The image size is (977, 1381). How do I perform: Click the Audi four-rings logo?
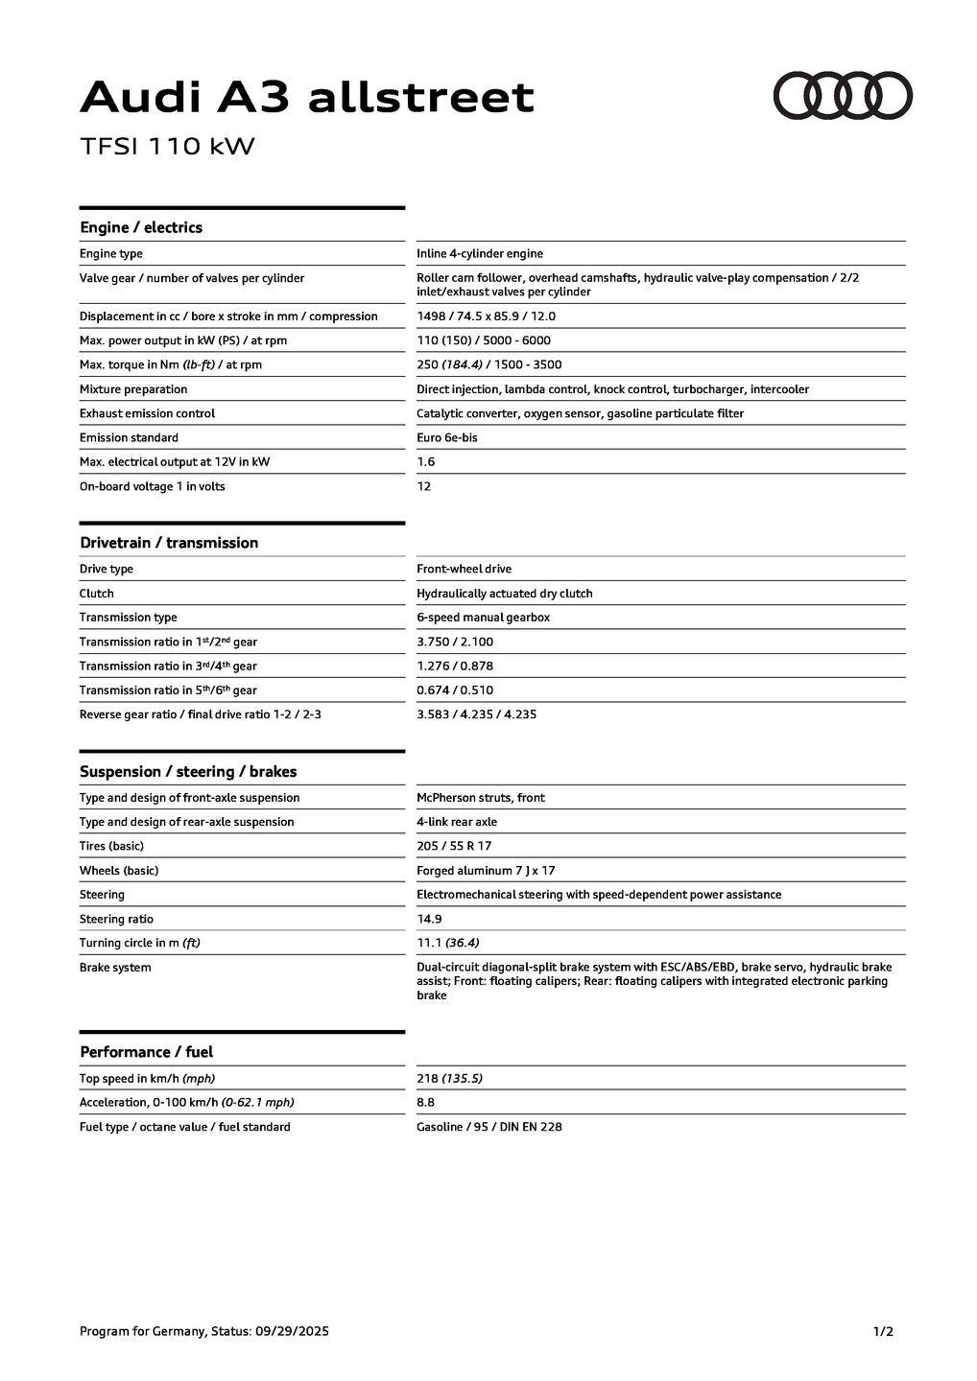tap(843, 96)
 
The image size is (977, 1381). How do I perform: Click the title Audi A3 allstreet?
tap(306, 98)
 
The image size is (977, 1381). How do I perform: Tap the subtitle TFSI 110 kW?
tap(167, 147)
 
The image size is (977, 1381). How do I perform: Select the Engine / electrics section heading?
tap(141, 227)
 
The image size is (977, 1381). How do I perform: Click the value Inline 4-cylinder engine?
tap(479, 254)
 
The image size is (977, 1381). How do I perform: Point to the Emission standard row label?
tap(129, 438)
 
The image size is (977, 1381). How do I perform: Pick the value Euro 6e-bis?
tap(446, 438)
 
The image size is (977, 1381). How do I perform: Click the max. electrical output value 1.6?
tap(425, 462)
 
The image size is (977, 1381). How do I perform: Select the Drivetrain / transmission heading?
tap(169, 543)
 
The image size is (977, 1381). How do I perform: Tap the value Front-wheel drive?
tap(464, 570)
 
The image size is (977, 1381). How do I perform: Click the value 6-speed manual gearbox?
tap(483, 618)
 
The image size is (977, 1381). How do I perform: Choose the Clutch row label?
tap(96, 594)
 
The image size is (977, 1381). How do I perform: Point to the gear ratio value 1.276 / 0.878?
tap(454, 667)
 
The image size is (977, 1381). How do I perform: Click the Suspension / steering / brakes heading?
tap(188, 772)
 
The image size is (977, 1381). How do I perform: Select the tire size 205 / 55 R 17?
tap(454, 847)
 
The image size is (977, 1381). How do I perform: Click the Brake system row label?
tap(115, 968)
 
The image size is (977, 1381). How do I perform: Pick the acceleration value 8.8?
tap(425, 1103)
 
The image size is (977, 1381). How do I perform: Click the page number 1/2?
tap(883, 1331)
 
